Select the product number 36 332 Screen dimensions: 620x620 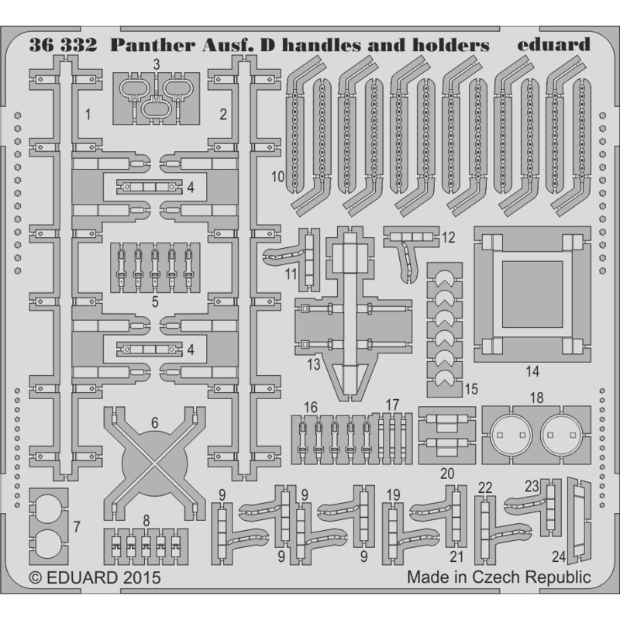point(63,44)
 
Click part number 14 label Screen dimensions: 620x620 point(532,371)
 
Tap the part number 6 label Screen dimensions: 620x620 point(154,423)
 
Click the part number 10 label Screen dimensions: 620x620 point(278,177)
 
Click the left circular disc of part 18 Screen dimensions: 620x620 point(511,433)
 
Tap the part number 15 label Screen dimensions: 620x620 point(471,387)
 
